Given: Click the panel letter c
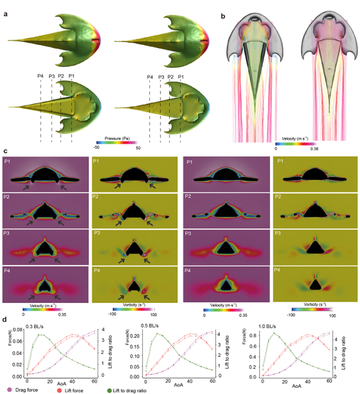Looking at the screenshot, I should [5, 152].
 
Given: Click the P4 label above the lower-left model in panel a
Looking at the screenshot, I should [40, 77].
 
